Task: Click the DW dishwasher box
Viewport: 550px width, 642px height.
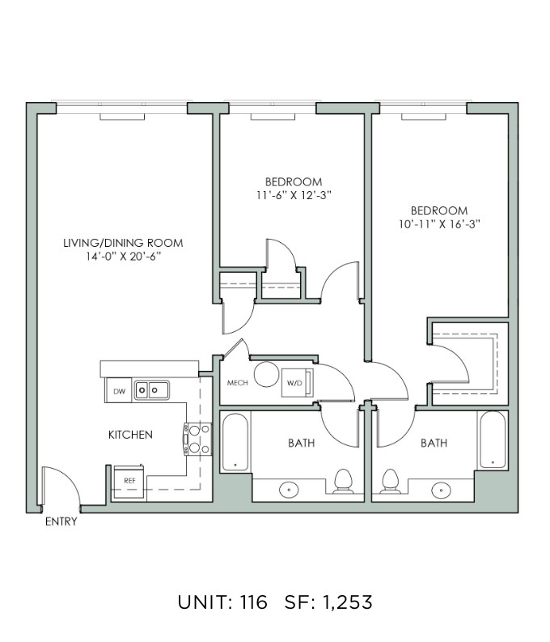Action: [118, 390]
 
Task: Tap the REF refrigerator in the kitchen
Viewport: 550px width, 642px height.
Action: [129, 481]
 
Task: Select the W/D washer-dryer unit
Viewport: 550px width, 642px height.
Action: [298, 383]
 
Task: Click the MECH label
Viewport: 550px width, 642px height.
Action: [238, 383]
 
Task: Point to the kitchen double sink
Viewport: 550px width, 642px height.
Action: [151, 390]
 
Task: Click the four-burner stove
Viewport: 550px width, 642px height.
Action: [198, 440]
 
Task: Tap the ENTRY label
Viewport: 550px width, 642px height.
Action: [61, 521]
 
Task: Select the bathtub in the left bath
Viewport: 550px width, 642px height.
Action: [235, 442]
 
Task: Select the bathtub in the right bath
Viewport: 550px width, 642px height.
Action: [493, 440]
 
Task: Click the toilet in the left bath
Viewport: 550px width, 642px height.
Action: [344, 482]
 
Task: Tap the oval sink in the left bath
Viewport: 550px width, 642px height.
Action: [289, 489]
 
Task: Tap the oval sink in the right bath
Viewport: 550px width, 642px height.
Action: [442, 489]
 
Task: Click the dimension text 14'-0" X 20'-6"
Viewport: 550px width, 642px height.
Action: [123, 257]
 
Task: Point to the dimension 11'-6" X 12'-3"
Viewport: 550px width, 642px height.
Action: [294, 195]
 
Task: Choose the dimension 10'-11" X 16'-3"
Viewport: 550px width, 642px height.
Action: [439, 224]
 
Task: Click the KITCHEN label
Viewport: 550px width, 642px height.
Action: [130, 435]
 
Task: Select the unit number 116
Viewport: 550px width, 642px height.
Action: [253, 602]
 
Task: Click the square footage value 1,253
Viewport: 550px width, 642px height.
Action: [347, 602]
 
